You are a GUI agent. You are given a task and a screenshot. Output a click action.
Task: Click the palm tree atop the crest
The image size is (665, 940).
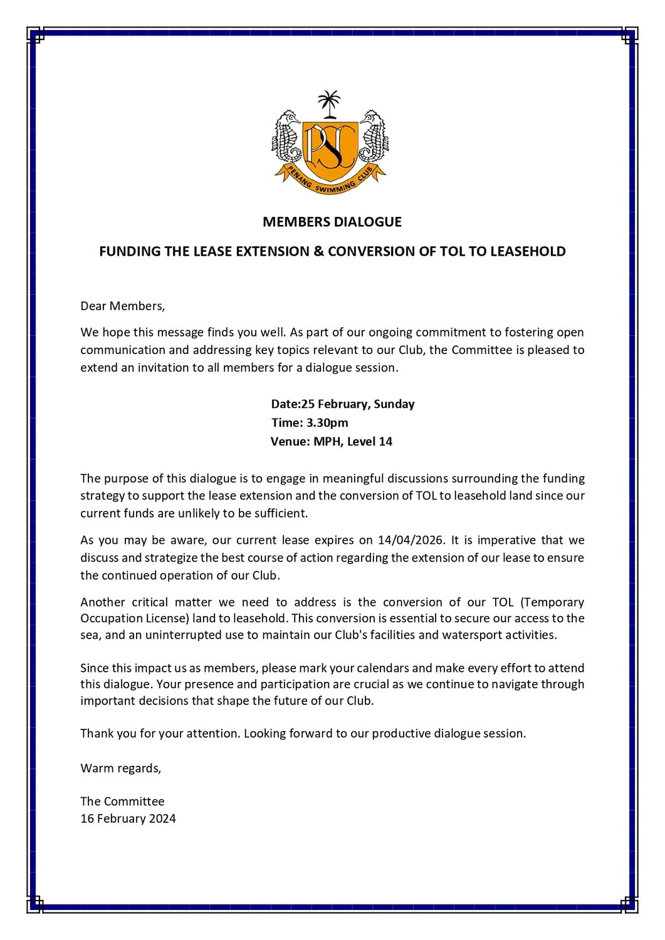(328, 103)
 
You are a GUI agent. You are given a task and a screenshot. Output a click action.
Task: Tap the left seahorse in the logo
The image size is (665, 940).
(286, 138)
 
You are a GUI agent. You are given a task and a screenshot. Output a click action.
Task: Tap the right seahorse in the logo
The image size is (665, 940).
(373, 138)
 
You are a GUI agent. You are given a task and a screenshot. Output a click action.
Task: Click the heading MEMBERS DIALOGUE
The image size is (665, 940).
(332, 222)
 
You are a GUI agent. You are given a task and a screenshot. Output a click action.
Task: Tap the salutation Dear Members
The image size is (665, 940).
(122, 306)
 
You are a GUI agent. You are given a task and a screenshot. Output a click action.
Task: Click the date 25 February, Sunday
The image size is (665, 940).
(358, 404)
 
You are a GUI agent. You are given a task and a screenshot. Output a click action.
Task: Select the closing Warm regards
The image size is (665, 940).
(120, 768)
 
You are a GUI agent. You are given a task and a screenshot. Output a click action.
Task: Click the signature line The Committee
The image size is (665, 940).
(122, 802)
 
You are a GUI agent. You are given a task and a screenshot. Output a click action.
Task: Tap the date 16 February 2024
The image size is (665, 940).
(128, 818)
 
